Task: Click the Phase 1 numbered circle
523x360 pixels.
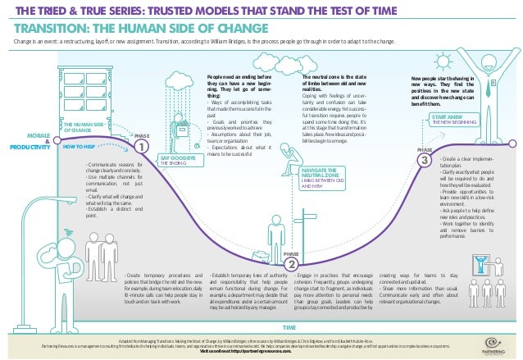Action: (x=142, y=146)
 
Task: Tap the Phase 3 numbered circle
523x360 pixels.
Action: (x=425, y=162)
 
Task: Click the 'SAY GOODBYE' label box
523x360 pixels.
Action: (x=176, y=159)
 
